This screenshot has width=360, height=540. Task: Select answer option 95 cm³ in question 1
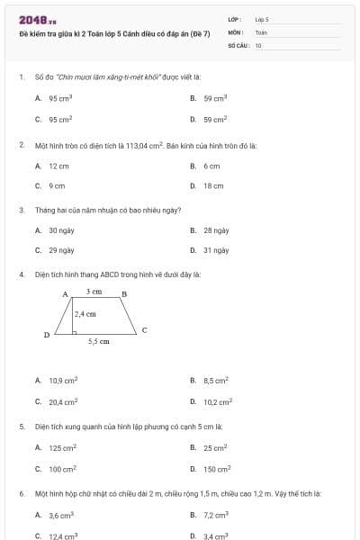(x=60, y=98)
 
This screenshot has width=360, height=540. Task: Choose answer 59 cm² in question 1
(x=214, y=119)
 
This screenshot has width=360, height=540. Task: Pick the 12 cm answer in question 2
(x=58, y=166)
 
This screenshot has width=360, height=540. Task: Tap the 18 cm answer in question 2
(x=213, y=185)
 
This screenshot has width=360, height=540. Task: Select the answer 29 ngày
(x=61, y=250)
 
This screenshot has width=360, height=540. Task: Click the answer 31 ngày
(x=216, y=250)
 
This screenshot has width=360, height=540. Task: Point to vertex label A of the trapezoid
(x=65, y=294)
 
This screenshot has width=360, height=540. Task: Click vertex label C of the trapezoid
(x=144, y=330)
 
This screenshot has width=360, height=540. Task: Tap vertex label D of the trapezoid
(x=47, y=335)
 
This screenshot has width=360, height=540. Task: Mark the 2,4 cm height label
(x=85, y=314)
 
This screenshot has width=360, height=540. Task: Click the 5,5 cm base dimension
(x=99, y=342)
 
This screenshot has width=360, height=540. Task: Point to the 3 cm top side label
(x=94, y=292)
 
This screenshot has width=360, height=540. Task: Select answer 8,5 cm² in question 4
(x=216, y=381)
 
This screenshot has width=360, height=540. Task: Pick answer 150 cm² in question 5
(x=217, y=469)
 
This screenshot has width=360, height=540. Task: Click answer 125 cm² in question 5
(x=62, y=447)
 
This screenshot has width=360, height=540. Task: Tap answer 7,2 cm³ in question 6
(x=216, y=515)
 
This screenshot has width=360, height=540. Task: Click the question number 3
(x=21, y=210)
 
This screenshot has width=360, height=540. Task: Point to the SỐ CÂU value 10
(x=258, y=44)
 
